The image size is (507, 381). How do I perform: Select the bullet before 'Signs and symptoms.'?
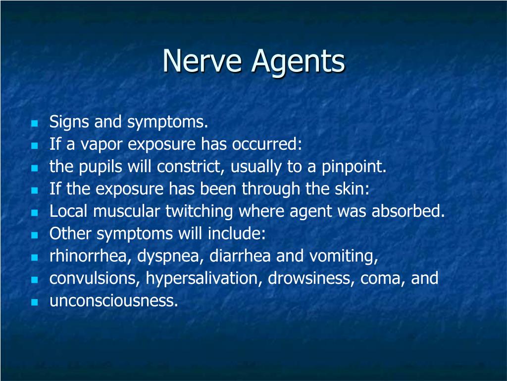35,123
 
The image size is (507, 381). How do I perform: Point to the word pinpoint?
354,167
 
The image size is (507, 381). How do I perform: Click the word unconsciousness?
113,301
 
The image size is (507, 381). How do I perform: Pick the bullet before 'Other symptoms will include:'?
35,235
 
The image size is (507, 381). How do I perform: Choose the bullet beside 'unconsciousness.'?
35,302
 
